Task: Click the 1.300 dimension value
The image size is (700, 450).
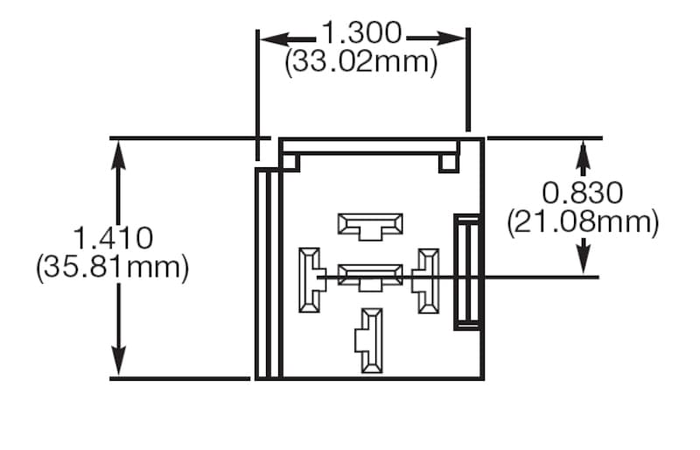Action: pyautogui.click(x=361, y=34)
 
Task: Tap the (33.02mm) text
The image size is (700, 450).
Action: pyautogui.click(x=361, y=63)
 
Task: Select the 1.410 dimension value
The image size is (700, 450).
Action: pyautogui.click(x=113, y=238)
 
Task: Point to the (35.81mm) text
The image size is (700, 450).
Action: pyautogui.click(x=113, y=267)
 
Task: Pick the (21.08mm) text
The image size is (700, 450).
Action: pyautogui.click(x=583, y=221)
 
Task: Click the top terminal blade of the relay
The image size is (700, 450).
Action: pyautogui.click(x=370, y=225)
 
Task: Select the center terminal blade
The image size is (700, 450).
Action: pyautogui.click(x=370, y=277)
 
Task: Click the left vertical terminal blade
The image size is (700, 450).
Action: pyautogui.click(x=310, y=280)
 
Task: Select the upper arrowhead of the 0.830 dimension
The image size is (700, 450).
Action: pyautogui.click(x=584, y=151)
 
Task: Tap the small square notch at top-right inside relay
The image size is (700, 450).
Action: pyautogui.click(x=448, y=162)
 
